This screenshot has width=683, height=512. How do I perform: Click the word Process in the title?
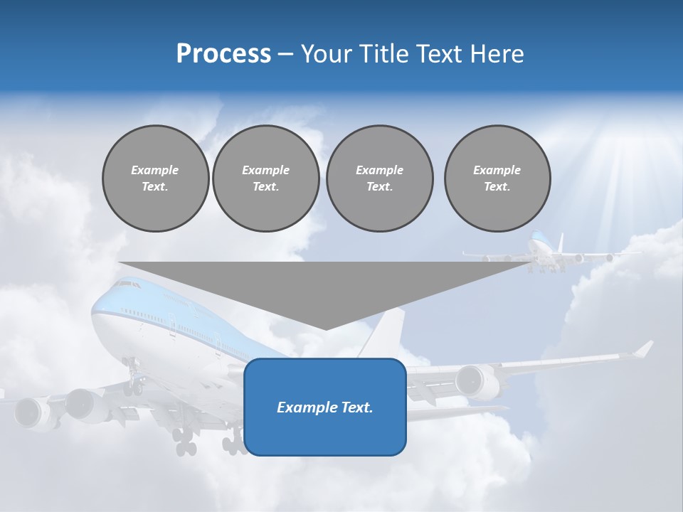point(223,54)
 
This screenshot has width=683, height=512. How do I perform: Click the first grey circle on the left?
point(155,178)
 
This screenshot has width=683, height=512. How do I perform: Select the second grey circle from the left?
point(265,178)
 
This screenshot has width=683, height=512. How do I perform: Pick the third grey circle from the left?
point(379,178)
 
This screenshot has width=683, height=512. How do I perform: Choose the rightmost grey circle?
point(497,178)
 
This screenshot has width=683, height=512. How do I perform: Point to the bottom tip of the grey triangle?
point(326,329)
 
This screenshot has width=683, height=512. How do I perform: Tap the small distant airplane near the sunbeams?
point(541,252)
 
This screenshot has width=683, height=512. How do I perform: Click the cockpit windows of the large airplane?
point(126,284)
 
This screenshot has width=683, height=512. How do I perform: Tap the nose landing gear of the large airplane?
point(132,377)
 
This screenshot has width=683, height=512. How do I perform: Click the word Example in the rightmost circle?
point(497,170)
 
